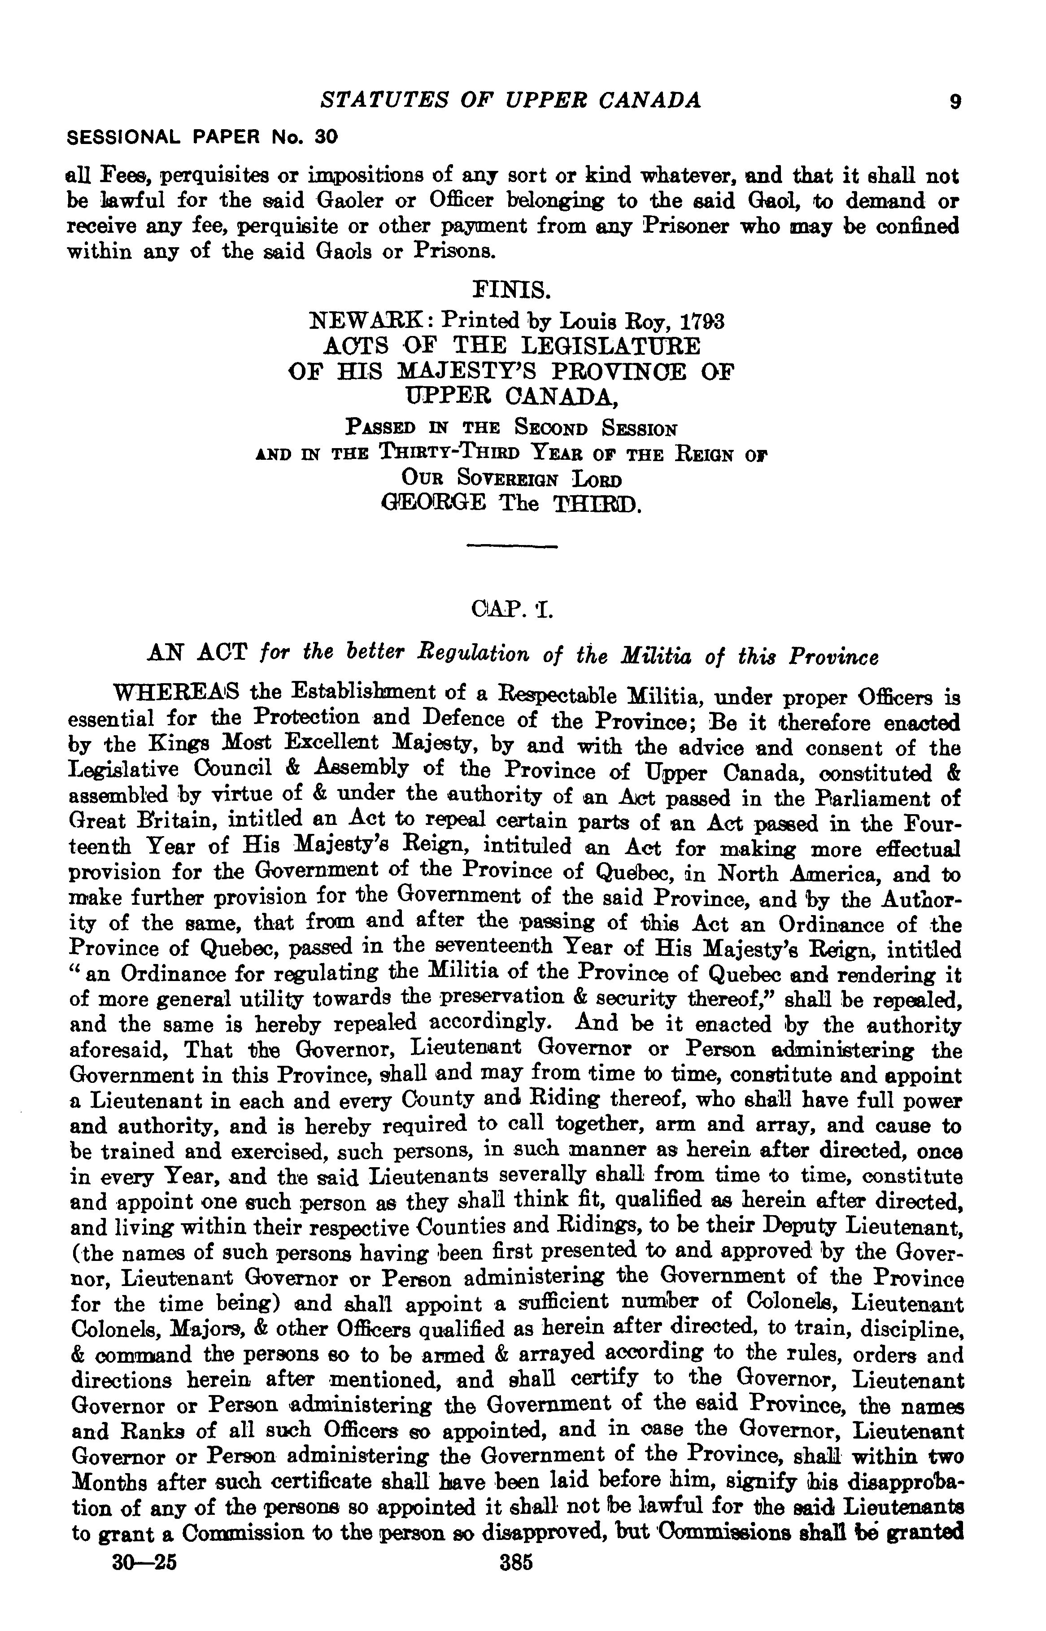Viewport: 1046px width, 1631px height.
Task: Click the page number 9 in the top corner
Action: click(x=956, y=102)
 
